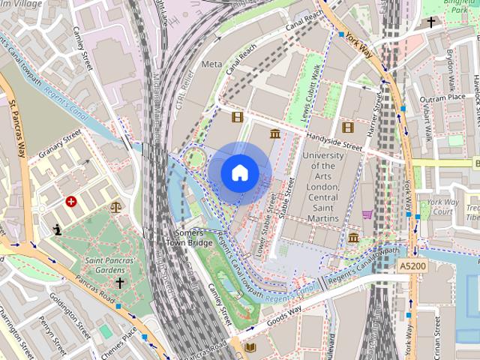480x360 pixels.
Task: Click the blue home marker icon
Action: point(239,172)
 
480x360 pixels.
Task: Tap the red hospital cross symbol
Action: point(71,202)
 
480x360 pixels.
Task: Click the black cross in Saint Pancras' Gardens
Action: point(119,283)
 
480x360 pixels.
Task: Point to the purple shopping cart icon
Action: point(367,214)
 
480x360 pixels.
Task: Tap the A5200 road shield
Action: point(412,266)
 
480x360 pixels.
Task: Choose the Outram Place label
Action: point(443,98)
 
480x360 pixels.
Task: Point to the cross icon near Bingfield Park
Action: point(431,22)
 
